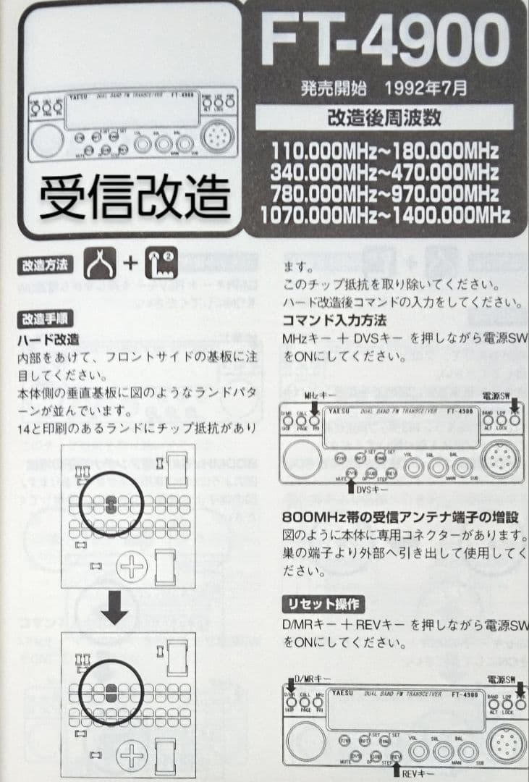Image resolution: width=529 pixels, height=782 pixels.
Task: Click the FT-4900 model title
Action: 384,41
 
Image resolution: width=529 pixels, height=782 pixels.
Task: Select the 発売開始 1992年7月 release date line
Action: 384,88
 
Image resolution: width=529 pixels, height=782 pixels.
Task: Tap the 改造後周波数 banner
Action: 384,117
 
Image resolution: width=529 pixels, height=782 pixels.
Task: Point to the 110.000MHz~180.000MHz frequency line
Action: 384,152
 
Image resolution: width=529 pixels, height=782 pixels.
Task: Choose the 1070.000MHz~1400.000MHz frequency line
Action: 384,215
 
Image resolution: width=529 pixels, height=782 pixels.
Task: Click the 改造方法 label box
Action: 44,265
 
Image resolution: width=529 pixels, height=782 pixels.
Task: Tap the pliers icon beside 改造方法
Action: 101,264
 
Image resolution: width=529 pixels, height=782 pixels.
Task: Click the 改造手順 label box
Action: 44,319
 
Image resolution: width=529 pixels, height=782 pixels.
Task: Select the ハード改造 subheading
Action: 48,338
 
